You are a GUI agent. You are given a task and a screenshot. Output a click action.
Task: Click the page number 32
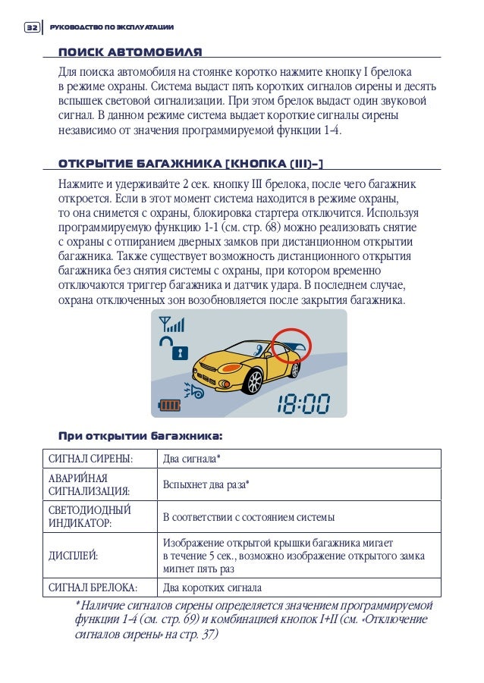click(x=31, y=28)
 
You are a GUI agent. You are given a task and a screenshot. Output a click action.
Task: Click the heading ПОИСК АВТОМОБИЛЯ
click(x=130, y=52)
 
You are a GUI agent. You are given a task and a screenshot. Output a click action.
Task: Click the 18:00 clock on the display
click(x=302, y=403)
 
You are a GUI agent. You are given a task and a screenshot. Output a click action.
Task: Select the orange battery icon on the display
click(x=170, y=406)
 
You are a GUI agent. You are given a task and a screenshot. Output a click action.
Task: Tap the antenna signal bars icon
click(x=172, y=324)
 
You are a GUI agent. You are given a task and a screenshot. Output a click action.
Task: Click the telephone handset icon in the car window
click(x=261, y=349)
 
